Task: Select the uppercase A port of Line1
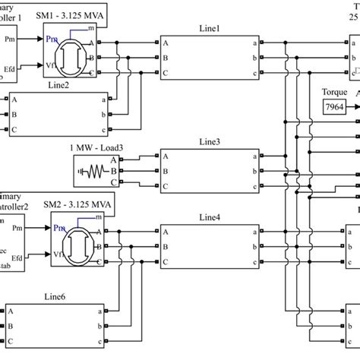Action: (164, 44)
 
